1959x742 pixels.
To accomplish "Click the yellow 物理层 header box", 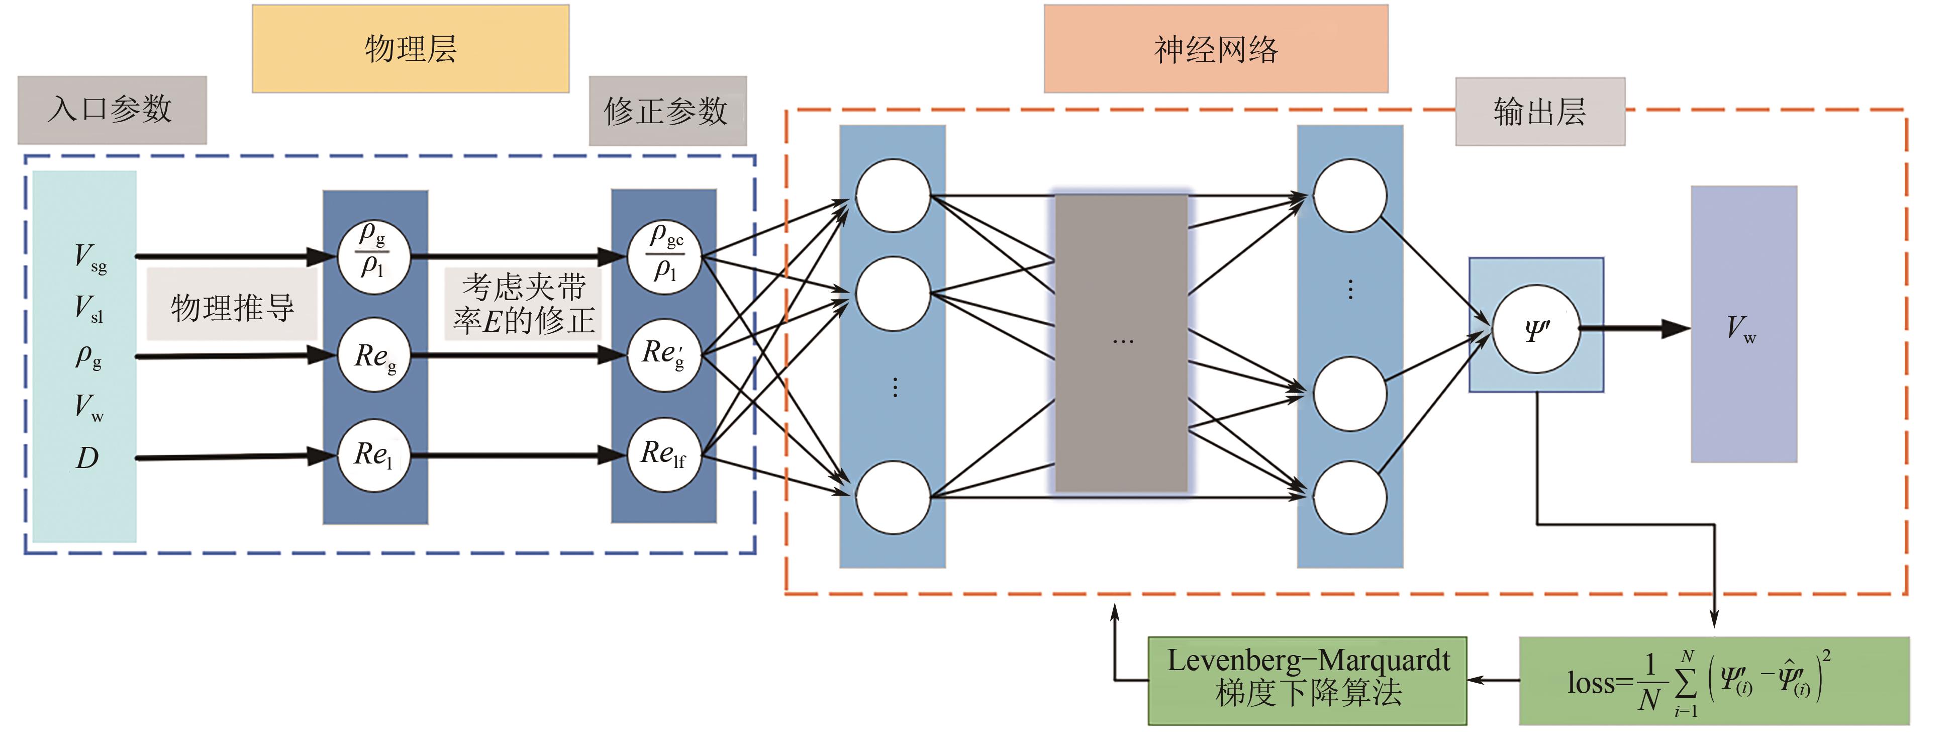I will coord(410,49).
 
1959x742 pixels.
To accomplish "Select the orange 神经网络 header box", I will coord(1215,49).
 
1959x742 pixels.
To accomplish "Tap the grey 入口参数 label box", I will coord(112,110).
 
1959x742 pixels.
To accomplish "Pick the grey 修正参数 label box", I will coord(667,111).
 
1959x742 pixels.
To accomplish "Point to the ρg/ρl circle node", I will coord(373,256).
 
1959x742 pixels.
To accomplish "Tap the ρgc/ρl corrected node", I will coord(664,256).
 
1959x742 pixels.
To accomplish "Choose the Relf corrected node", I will coord(664,454).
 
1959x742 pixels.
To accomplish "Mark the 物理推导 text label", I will coord(232,307).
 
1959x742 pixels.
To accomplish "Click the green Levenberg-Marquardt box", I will coord(1307,680).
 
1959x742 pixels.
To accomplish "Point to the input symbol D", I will coord(87,458).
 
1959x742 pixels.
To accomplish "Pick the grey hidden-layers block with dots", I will coord(1121,342).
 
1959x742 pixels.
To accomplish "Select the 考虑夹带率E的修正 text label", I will coord(523,304).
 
